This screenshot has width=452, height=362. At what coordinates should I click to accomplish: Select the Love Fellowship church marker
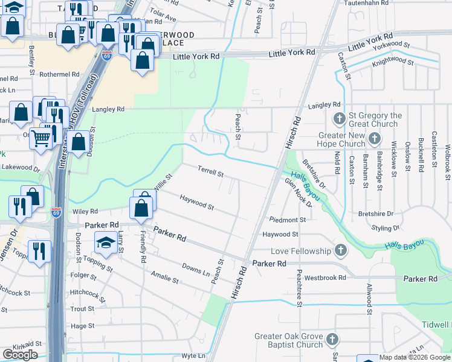click(341, 250)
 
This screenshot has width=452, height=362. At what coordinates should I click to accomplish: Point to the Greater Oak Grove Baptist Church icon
click(331, 340)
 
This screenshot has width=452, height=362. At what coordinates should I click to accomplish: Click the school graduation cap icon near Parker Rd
click(105, 243)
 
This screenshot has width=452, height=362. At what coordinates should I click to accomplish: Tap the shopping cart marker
click(41, 138)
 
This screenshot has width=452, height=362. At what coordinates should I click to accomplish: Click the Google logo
click(20, 355)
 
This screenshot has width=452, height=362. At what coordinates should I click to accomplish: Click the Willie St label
click(163, 183)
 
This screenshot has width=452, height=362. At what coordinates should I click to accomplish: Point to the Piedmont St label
click(288, 220)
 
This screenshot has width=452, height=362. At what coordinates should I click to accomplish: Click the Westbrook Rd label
click(325, 278)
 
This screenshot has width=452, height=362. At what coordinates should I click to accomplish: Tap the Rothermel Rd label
click(59, 74)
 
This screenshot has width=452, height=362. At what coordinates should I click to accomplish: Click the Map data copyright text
click(415, 357)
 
